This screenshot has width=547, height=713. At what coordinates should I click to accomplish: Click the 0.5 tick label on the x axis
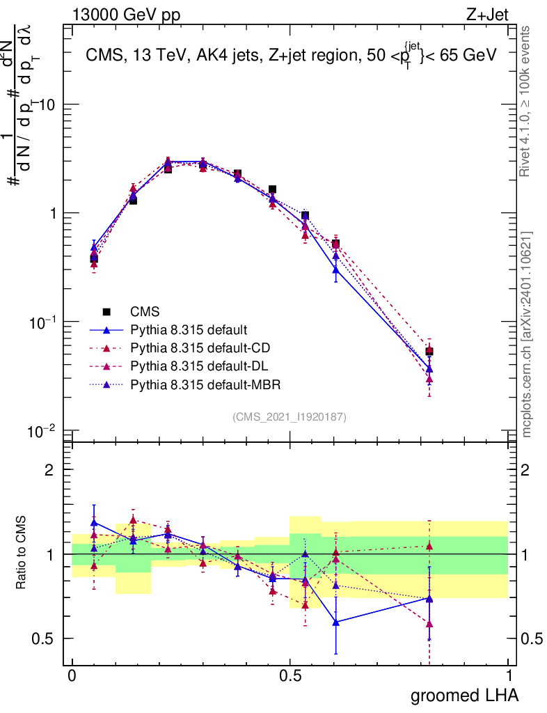pyautogui.click(x=290, y=675)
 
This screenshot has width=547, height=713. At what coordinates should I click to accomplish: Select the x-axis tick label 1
pyautogui.click(x=509, y=675)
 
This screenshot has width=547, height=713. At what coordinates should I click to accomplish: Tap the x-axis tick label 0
pyautogui.click(x=72, y=675)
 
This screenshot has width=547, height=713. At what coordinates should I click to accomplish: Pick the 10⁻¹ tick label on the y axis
pyautogui.click(x=43, y=322)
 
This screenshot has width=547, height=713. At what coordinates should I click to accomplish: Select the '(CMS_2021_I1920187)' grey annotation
pyautogui.click(x=290, y=416)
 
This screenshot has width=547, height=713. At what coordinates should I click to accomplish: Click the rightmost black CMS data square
pyautogui.click(x=429, y=352)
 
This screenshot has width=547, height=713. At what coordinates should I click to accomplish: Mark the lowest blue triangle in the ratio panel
pyautogui.click(x=336, y=622)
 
